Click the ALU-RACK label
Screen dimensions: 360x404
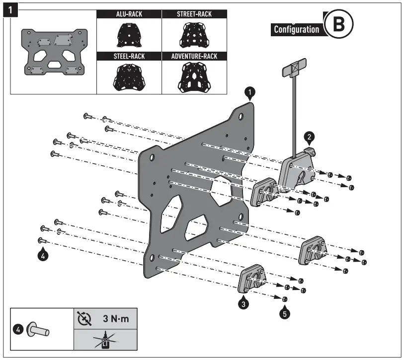pyautogui.click(x=129, y=14)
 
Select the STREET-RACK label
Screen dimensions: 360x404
pyautogui.click(x=194, y=14)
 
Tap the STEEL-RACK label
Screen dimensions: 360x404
pyautogui.click(x=129, y=56)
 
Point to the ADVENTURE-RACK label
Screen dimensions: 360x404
pyautogui.click(x=194, y=56)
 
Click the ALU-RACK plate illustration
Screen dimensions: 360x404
pyautogui.click(x=129, y=34)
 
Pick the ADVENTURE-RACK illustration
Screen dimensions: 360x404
pyautogui.click(x=194, y=76)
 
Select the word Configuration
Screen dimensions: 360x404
pyautogui.click(x=297, y=29)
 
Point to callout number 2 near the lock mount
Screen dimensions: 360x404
pyautogui.click(x=309, y=136)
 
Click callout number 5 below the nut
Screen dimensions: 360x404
pyautogui.click(x=284, y=313)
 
